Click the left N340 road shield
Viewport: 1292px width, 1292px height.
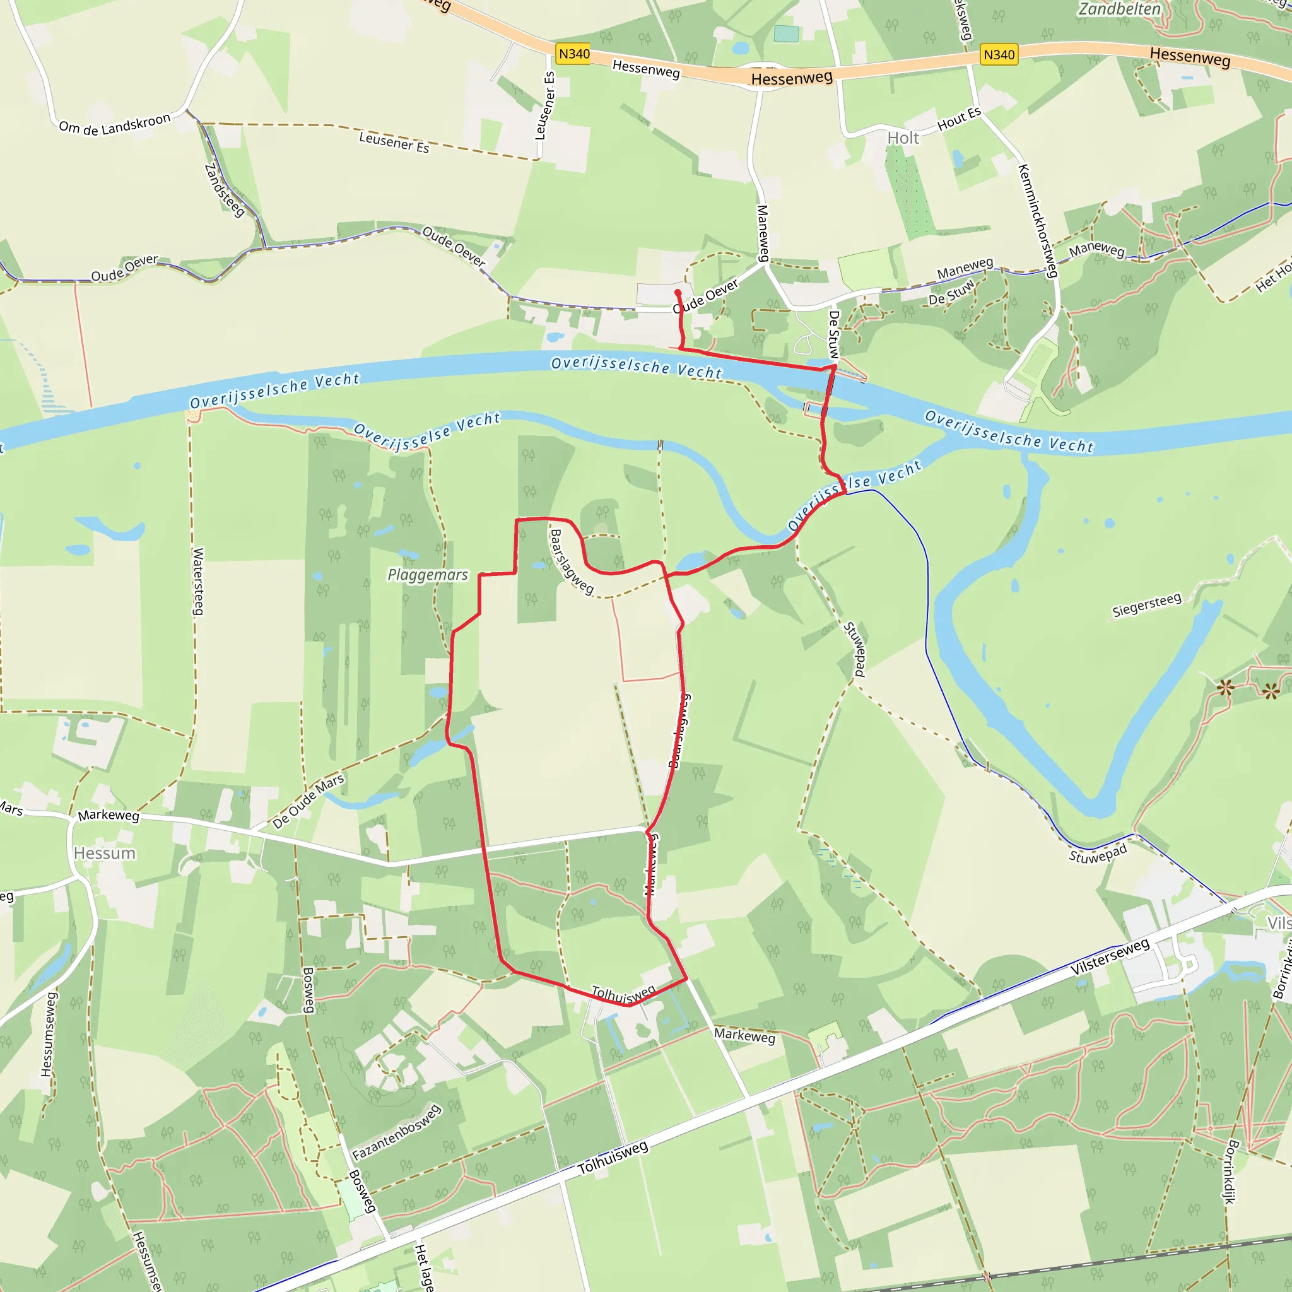tap(574, 54)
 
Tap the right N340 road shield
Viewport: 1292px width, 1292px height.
tap(999, 55)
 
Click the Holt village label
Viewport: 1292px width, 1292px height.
tap(903, 138)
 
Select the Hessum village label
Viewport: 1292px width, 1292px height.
tap(105, 854)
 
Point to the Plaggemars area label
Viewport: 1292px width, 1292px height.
tap(428, 575)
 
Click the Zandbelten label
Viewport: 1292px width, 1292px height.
tap(1120, 9)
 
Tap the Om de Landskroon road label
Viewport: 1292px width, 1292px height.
tap(115, 124)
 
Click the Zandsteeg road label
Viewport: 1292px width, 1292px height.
tap(224, 190)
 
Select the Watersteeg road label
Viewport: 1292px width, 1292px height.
tap(198, 581)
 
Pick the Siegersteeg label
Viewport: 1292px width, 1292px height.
tap(1146, 605)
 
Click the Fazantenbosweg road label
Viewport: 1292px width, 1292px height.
tap(397, 1133)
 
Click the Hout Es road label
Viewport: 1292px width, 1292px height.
tap(959, 119)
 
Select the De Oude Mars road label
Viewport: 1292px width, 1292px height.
tap(308, 801)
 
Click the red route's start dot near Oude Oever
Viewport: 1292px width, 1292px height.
tap(678, 293)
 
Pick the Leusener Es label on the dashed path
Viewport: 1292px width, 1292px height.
tap(394, 142)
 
